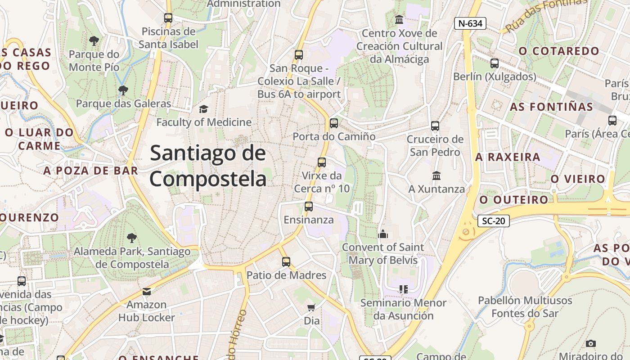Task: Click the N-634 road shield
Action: point(470,23)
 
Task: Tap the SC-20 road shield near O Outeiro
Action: point(493,220)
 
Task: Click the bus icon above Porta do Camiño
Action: point(333,123)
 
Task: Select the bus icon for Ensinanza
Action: point(308,207)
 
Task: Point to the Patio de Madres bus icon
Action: point(286,261)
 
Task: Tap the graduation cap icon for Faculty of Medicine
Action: point(203,109)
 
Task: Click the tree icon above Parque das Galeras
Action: point(123,90)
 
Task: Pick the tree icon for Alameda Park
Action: point(131,238)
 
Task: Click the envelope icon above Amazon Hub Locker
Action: point(146,291)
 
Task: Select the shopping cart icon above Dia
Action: point(311,308)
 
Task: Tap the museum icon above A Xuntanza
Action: point(436,175)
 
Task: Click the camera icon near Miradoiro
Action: point(591,343)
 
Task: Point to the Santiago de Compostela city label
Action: point(208,166)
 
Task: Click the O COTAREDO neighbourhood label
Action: point(559,51)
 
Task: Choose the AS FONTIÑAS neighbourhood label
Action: point(551,107)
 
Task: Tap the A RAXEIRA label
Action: point(508,157)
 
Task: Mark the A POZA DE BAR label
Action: point(90,171)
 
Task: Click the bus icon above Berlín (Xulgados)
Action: point(495,63)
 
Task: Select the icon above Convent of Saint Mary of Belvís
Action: point(383,234)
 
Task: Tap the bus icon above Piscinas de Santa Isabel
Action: point(168,18)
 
